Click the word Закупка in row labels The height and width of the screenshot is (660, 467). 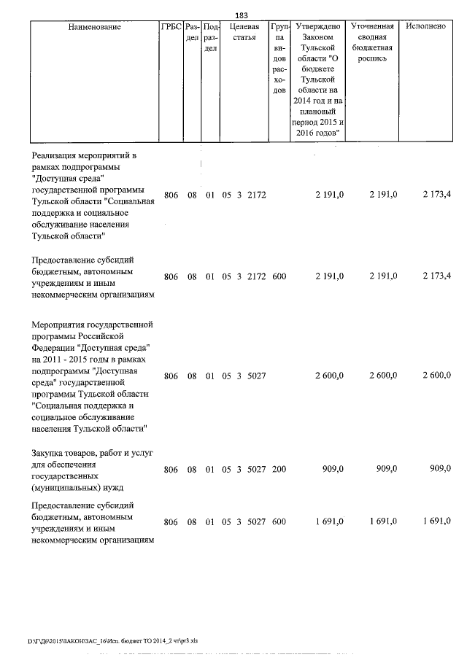tap(50, 452)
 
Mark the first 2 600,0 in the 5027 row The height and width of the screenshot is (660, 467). tap(330, 375)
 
